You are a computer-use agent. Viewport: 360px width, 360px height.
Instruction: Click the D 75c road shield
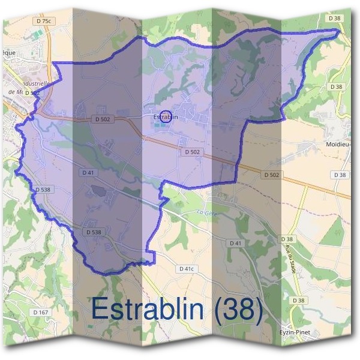[45, 21]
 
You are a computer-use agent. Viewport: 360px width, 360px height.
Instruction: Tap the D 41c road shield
[187, 269]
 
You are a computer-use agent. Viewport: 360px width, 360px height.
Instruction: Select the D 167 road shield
[41, 313]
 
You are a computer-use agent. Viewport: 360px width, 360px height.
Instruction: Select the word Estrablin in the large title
[146, 310]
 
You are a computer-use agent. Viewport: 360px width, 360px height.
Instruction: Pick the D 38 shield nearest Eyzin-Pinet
[298, 300]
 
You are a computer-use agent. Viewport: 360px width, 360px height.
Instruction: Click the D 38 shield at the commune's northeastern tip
[335, 19]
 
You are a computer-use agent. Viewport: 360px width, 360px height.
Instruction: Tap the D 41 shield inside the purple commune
[88, 173]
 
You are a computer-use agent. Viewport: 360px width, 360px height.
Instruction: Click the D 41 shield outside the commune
[235, 243]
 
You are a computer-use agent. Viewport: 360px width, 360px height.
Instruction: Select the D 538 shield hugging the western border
[42, 190]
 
